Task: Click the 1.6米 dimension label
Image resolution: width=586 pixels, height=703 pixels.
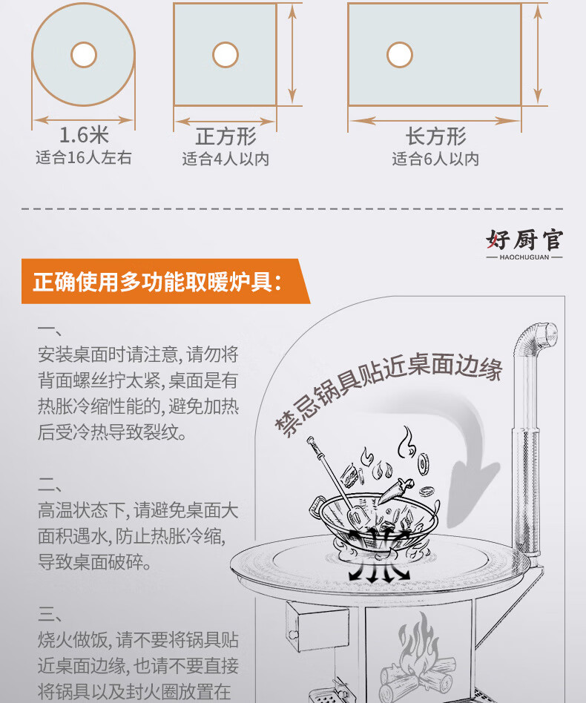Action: point(84,136)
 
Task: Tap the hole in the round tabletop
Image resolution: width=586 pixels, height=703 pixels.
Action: point(84,53)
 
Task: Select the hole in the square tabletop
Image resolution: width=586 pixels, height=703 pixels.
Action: point(225,53)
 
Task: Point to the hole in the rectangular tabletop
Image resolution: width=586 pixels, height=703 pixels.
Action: point(399,53)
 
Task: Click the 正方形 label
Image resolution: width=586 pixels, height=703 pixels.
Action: point(225,136)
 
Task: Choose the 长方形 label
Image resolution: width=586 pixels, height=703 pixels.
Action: point(435,136)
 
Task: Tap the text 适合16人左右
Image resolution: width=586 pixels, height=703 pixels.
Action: point(84,157)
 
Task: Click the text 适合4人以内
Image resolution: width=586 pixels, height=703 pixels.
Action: point(225,159)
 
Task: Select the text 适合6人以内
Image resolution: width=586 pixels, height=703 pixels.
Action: point(435,159)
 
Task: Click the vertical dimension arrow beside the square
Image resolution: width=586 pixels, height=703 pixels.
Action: point(292,53)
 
